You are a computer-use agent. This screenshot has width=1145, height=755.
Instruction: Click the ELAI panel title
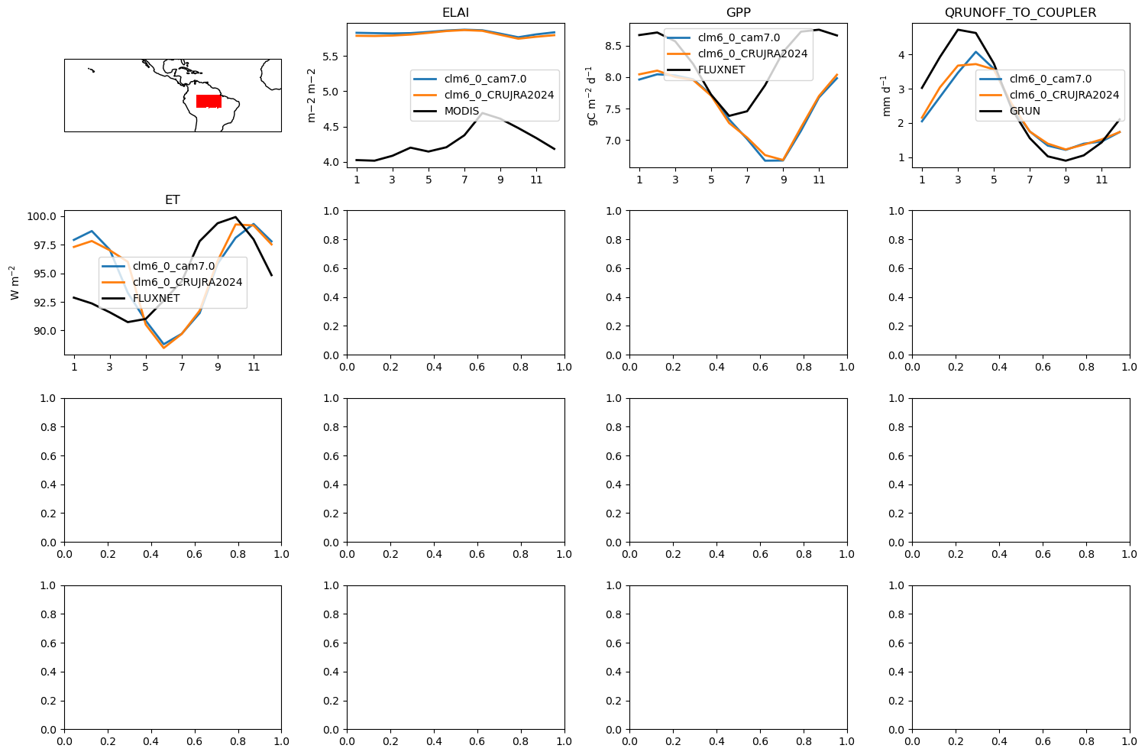tap(455, 12)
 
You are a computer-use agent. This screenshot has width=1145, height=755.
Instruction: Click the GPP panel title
tap(738, 12)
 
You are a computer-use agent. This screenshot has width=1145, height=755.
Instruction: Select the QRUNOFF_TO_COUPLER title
tap(1020, 12)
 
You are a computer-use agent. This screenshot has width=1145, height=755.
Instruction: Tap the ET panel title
tap(173, 199)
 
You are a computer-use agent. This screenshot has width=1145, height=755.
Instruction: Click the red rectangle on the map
tap(209, 102)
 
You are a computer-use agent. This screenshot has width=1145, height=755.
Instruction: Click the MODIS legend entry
tap(461, 111)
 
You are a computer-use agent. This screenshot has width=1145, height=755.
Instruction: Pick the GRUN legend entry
tap(1024, 111)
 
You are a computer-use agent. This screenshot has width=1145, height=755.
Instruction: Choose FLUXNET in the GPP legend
tap(721, 70)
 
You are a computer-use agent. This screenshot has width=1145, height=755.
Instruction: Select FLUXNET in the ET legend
tap(156, 298)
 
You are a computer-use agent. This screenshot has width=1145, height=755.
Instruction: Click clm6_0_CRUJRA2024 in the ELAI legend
tap(499, 95)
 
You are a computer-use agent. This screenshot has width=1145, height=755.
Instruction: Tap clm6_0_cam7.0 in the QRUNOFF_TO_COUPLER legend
tap(1050, 79)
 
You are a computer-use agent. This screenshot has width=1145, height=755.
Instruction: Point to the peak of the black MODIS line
tap(482, 112)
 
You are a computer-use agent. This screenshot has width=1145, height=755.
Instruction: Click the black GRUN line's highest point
tap(958, 30)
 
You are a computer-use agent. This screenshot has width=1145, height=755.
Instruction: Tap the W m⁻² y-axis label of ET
tap(15, 282)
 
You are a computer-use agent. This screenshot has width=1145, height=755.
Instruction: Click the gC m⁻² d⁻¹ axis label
tap(591, 96)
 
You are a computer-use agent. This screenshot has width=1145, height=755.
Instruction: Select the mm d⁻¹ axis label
tap(886, 96)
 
